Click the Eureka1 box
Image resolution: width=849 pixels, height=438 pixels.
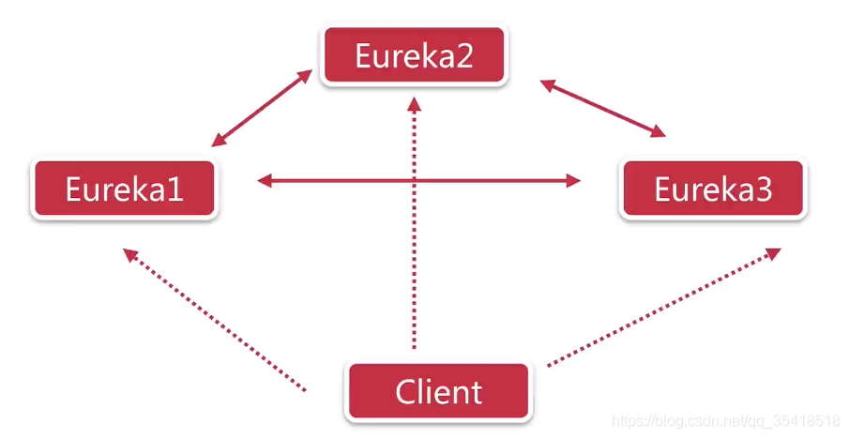pos(124,189)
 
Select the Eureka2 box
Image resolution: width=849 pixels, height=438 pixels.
pos(413,56)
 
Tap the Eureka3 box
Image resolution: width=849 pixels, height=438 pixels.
pos(713,189)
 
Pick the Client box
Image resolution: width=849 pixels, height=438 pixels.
pos(439,391)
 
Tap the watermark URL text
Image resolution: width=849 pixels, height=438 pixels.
pos(724,420)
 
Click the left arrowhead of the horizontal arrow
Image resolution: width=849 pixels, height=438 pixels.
pos(265,181)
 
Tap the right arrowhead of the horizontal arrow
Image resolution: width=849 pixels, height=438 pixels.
pos(574,181)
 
